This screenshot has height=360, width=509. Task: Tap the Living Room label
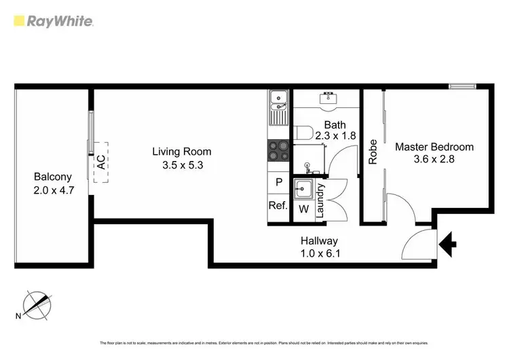click(x=181, y=151)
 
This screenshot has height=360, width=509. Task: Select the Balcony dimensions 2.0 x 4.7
click(x=54, y=191)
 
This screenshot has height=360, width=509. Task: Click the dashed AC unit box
click(x=101, y=162)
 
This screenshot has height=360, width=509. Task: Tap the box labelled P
click(x=279, y=183)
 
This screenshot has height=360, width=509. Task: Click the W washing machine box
click(x=303, y=209)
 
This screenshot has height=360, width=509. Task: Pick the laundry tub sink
click(x=303, y=189)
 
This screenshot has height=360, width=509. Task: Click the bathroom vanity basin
click(x=328, y=99)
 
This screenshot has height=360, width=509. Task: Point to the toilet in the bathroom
click(x=303, y=132)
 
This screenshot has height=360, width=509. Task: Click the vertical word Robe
click(x=373, y=152)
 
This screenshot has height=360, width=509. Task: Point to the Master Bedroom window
click(x=464, y=86)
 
